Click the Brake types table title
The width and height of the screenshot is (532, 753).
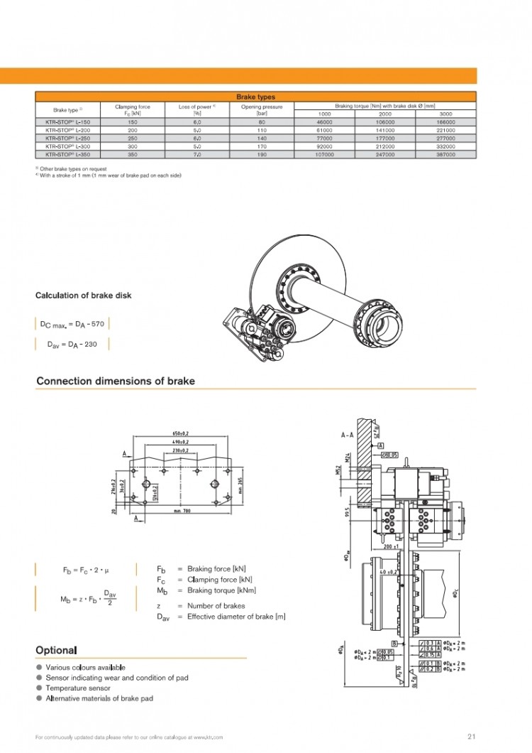click(x=256, y=97)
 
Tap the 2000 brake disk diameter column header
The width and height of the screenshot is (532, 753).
click(x=384, y=114)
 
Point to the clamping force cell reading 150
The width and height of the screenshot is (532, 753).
click(x=132, y=122)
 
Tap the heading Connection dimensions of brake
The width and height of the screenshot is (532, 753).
click(x=116, y=381)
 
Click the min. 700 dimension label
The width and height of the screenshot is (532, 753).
click(x=182, y=510)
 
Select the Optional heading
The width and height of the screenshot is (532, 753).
click(x=56, y=650)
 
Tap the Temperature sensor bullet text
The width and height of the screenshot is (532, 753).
click(x=78, y=688)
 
